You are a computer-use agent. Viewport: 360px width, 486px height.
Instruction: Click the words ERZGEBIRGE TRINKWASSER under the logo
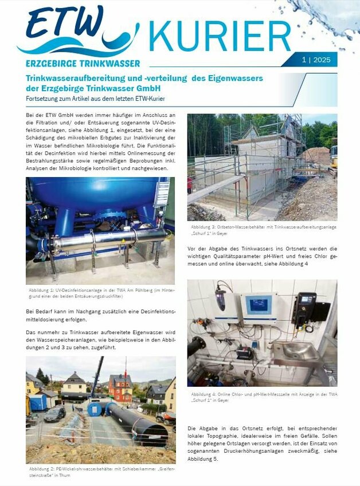pyautogui.click(x=83, y=63)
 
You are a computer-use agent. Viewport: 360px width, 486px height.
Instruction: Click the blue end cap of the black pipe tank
pyautogui.click(x=95, y=409)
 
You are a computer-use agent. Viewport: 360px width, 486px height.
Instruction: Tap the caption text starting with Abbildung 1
pyautogui.click(x=101, y=293)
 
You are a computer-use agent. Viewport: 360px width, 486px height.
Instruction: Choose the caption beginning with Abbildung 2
pyautogui.click(x=101, y=471)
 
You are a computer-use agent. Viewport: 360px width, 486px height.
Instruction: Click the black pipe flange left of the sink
pyautogui.click(x=197, y=346)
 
